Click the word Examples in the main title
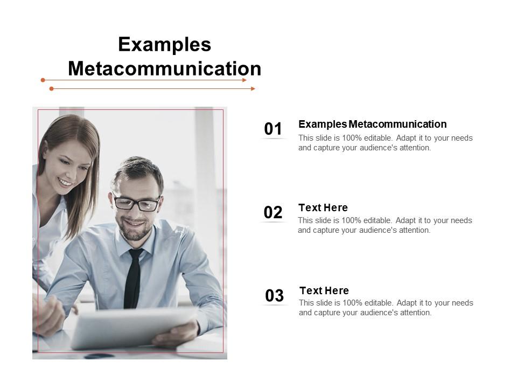164,44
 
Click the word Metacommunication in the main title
164,69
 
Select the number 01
273,129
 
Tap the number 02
273,212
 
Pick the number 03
274,295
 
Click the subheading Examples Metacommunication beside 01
372,124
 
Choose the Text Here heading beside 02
323,207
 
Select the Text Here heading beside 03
324,290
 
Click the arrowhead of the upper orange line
244,80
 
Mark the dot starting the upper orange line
43,80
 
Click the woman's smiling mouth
65,183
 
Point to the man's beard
135,232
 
